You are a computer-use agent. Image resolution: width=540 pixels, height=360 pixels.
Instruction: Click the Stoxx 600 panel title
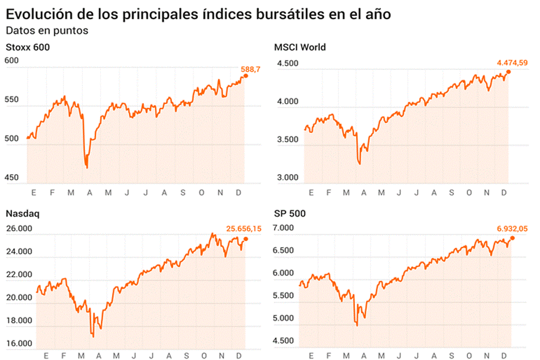point(27,47)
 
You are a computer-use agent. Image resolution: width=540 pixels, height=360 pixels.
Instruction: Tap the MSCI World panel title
point(300,47)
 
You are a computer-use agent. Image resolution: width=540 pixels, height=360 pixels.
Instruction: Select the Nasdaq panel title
point(22,214)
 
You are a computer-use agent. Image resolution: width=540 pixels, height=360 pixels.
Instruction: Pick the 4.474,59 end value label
point(512,63)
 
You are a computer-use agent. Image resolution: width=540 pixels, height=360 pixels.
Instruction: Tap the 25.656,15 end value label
point(243,229)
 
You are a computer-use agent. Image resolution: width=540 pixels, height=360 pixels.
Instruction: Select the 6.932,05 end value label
point(512,229)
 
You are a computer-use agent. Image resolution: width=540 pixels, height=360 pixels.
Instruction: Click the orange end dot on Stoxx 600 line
point(246,76)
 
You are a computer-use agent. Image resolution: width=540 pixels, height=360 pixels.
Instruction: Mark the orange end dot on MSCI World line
point(508,72)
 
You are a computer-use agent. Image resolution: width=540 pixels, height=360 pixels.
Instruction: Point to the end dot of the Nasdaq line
point(246,239)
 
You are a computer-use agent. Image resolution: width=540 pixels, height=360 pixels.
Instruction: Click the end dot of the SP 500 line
point(513,238)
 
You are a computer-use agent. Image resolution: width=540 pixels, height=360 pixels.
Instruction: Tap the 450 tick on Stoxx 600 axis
point(12,177)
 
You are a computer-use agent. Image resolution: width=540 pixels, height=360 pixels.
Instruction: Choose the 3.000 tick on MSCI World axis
point(288,177)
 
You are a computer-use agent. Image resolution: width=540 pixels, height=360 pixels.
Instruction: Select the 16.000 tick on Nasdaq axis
point(19,343)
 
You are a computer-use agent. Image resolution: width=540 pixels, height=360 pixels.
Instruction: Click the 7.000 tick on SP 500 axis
point(284,229)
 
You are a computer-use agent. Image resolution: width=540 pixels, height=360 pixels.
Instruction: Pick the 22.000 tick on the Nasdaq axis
point(19,274)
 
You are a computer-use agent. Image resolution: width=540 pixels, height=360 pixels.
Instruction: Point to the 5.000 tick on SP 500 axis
point(284,318)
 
